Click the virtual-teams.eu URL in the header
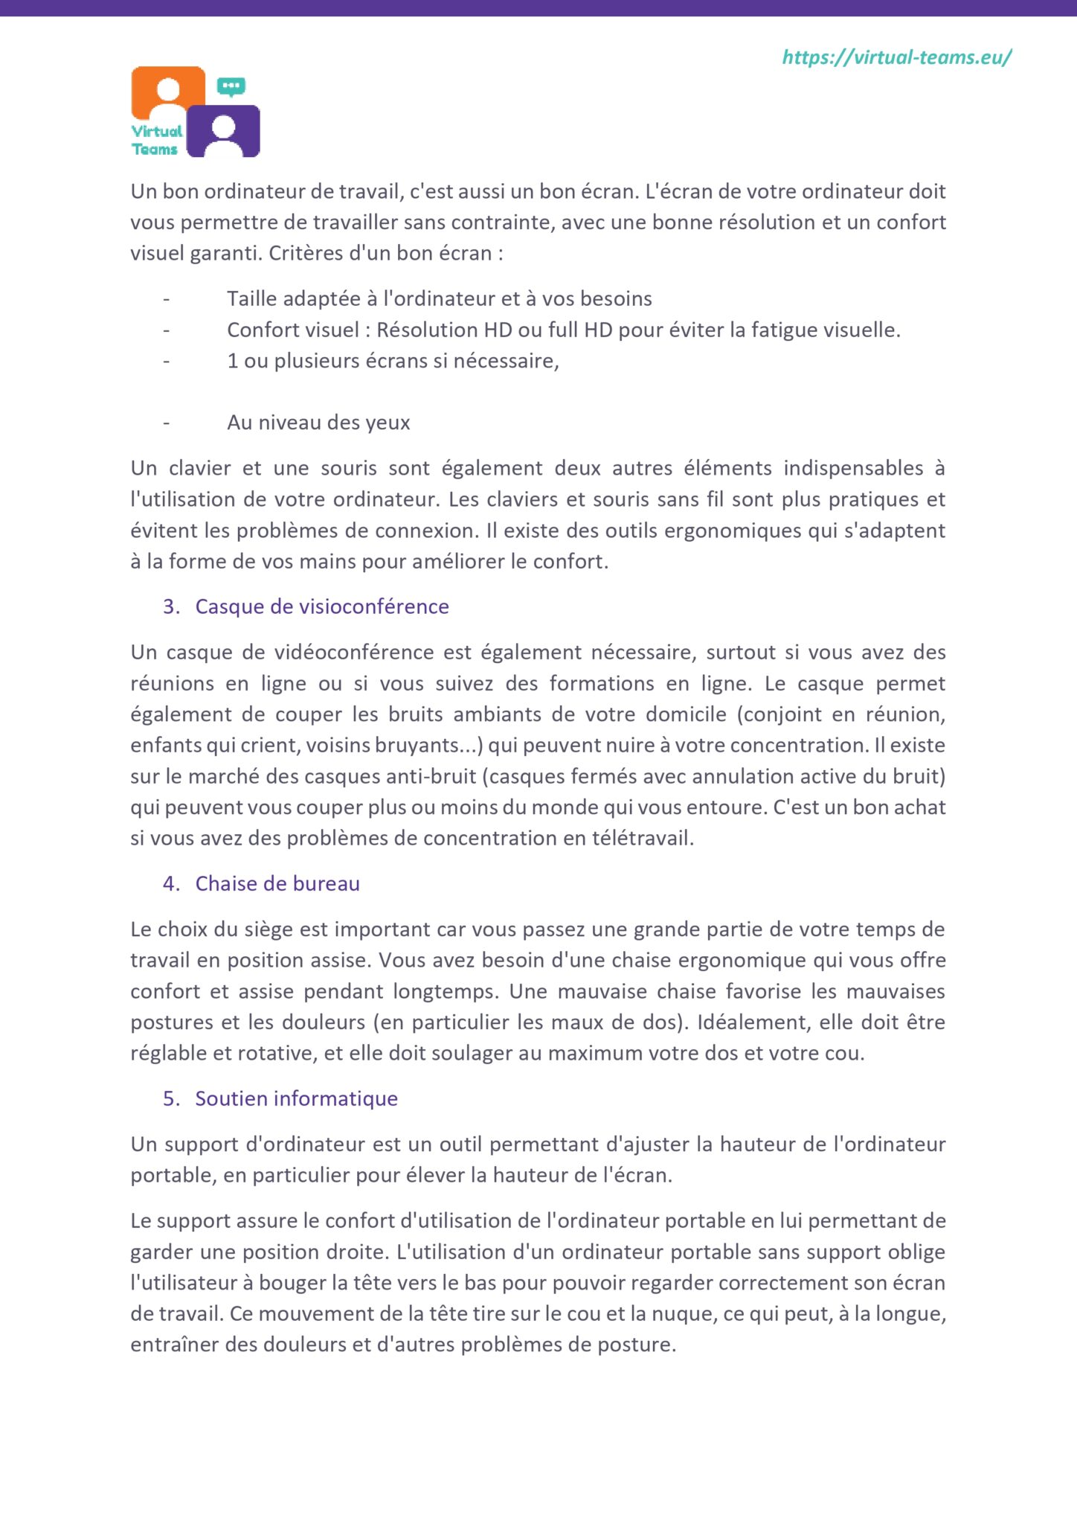point(896,57)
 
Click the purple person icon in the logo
point(223,132)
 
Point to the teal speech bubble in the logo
point(231,86)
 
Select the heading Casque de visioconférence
point(321,606)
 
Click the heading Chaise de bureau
point(277,883)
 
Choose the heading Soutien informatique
point(296,1098)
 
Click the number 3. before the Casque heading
point(171,606)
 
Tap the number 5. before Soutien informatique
point(171,1098)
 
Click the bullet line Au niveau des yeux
point(318,423)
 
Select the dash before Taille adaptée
point(167,299)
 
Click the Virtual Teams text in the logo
point(156,140)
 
